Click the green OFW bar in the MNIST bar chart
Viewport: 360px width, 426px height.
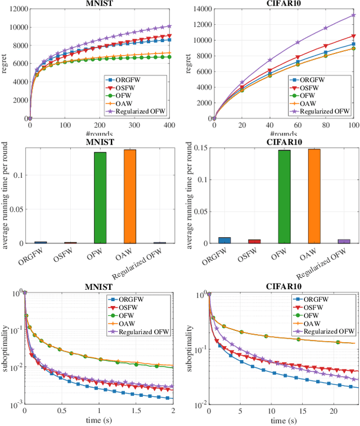[100, 198]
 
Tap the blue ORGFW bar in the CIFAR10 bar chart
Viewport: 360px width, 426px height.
[224, 240]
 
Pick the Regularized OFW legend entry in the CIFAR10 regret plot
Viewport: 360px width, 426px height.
[327, 111]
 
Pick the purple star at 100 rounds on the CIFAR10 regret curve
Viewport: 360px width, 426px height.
[353, 15]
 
